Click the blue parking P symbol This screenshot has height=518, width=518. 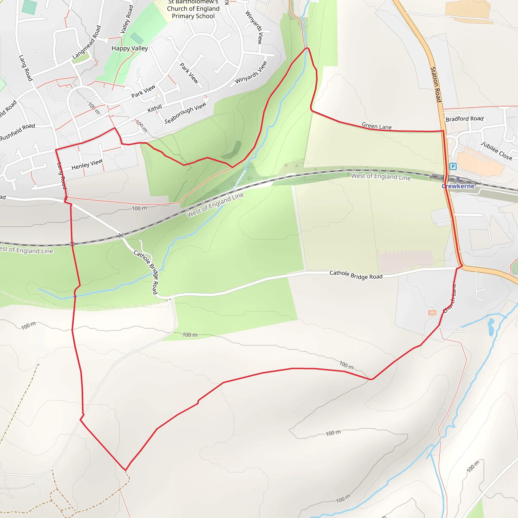[x=453, y=166]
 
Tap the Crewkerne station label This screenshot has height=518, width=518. [x=458, y=186]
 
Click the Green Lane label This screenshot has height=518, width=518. [x=377, y=126]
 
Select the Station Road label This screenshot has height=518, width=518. [x=436, y=84]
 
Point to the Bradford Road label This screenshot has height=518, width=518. [x=464, y=119]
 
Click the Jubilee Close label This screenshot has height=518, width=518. [x=496, y=151]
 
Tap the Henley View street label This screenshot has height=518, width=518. [x=87, y=164]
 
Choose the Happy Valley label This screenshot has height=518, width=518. [x=130, y=48]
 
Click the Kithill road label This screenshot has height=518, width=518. [x=155, y=109]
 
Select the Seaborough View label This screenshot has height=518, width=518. [x=185, y=113]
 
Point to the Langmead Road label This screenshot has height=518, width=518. [x=87, y=42]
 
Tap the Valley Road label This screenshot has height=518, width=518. [x=126, y=19]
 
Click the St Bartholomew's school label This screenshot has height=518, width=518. [x=193, y=9]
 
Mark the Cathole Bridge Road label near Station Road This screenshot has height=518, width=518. [x=356, y=275]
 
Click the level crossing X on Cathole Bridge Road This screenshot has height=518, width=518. [x=121, y=235]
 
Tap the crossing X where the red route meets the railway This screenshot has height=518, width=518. [x=72, y=244]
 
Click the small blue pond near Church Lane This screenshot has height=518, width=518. [x=491, y=326]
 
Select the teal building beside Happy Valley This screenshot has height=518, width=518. [x=137, y=38]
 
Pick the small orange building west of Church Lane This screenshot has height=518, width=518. [x=432, y=313]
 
